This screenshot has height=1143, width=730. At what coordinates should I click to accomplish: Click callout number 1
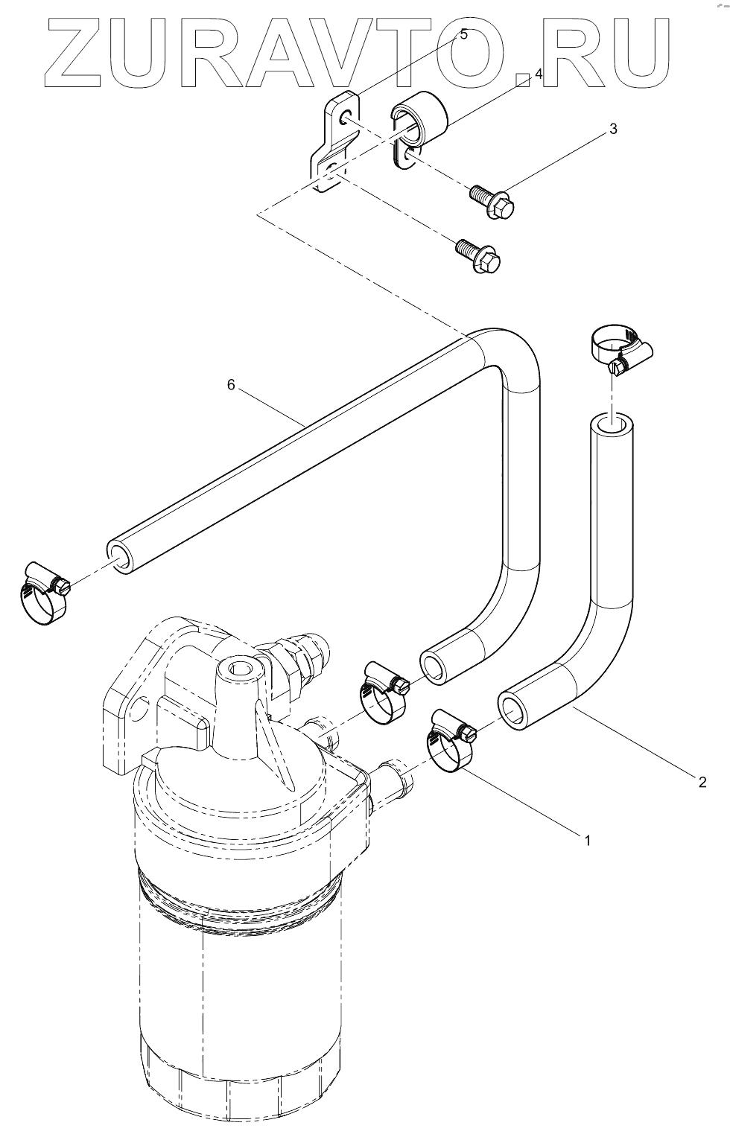587,841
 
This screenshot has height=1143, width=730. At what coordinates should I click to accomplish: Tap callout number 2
702,782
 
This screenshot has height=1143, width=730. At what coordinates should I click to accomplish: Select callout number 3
613,129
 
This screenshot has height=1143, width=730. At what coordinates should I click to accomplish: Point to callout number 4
539,74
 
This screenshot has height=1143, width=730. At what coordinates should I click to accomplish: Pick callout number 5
463,34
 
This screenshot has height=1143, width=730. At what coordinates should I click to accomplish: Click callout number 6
231,384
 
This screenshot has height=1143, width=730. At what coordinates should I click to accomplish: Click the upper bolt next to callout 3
493,201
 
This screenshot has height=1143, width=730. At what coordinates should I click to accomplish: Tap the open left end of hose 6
119,558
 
